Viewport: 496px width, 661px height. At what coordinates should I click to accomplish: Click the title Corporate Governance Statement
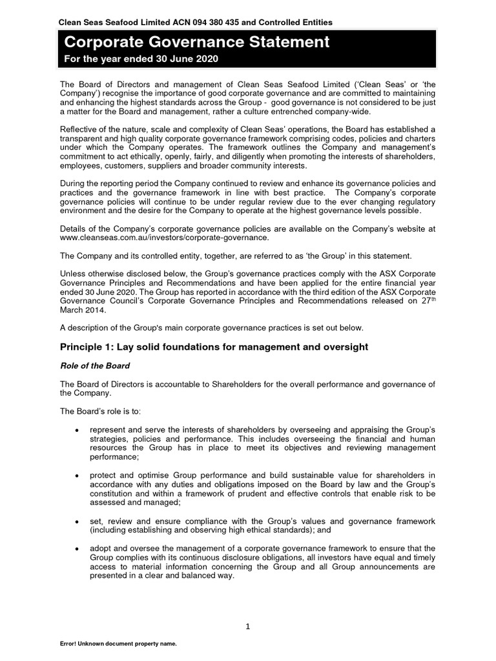tap(196, 43)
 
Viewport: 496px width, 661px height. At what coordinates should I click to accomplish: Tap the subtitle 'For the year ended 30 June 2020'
tap(140, 59)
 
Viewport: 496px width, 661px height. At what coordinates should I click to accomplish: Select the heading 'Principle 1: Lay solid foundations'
tap(214, 347)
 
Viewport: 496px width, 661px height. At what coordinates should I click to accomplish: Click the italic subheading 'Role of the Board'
tap(94, 366)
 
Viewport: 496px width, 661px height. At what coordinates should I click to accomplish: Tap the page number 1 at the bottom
tap(248, 626)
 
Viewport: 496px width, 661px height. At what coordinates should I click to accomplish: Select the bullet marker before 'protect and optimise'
tap(77, 476)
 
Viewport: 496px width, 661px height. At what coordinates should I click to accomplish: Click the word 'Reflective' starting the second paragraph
tap(79, 130)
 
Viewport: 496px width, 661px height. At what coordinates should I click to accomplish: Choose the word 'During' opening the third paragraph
tap(74, 183)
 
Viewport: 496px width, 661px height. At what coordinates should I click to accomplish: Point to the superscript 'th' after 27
tap(431, 298)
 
